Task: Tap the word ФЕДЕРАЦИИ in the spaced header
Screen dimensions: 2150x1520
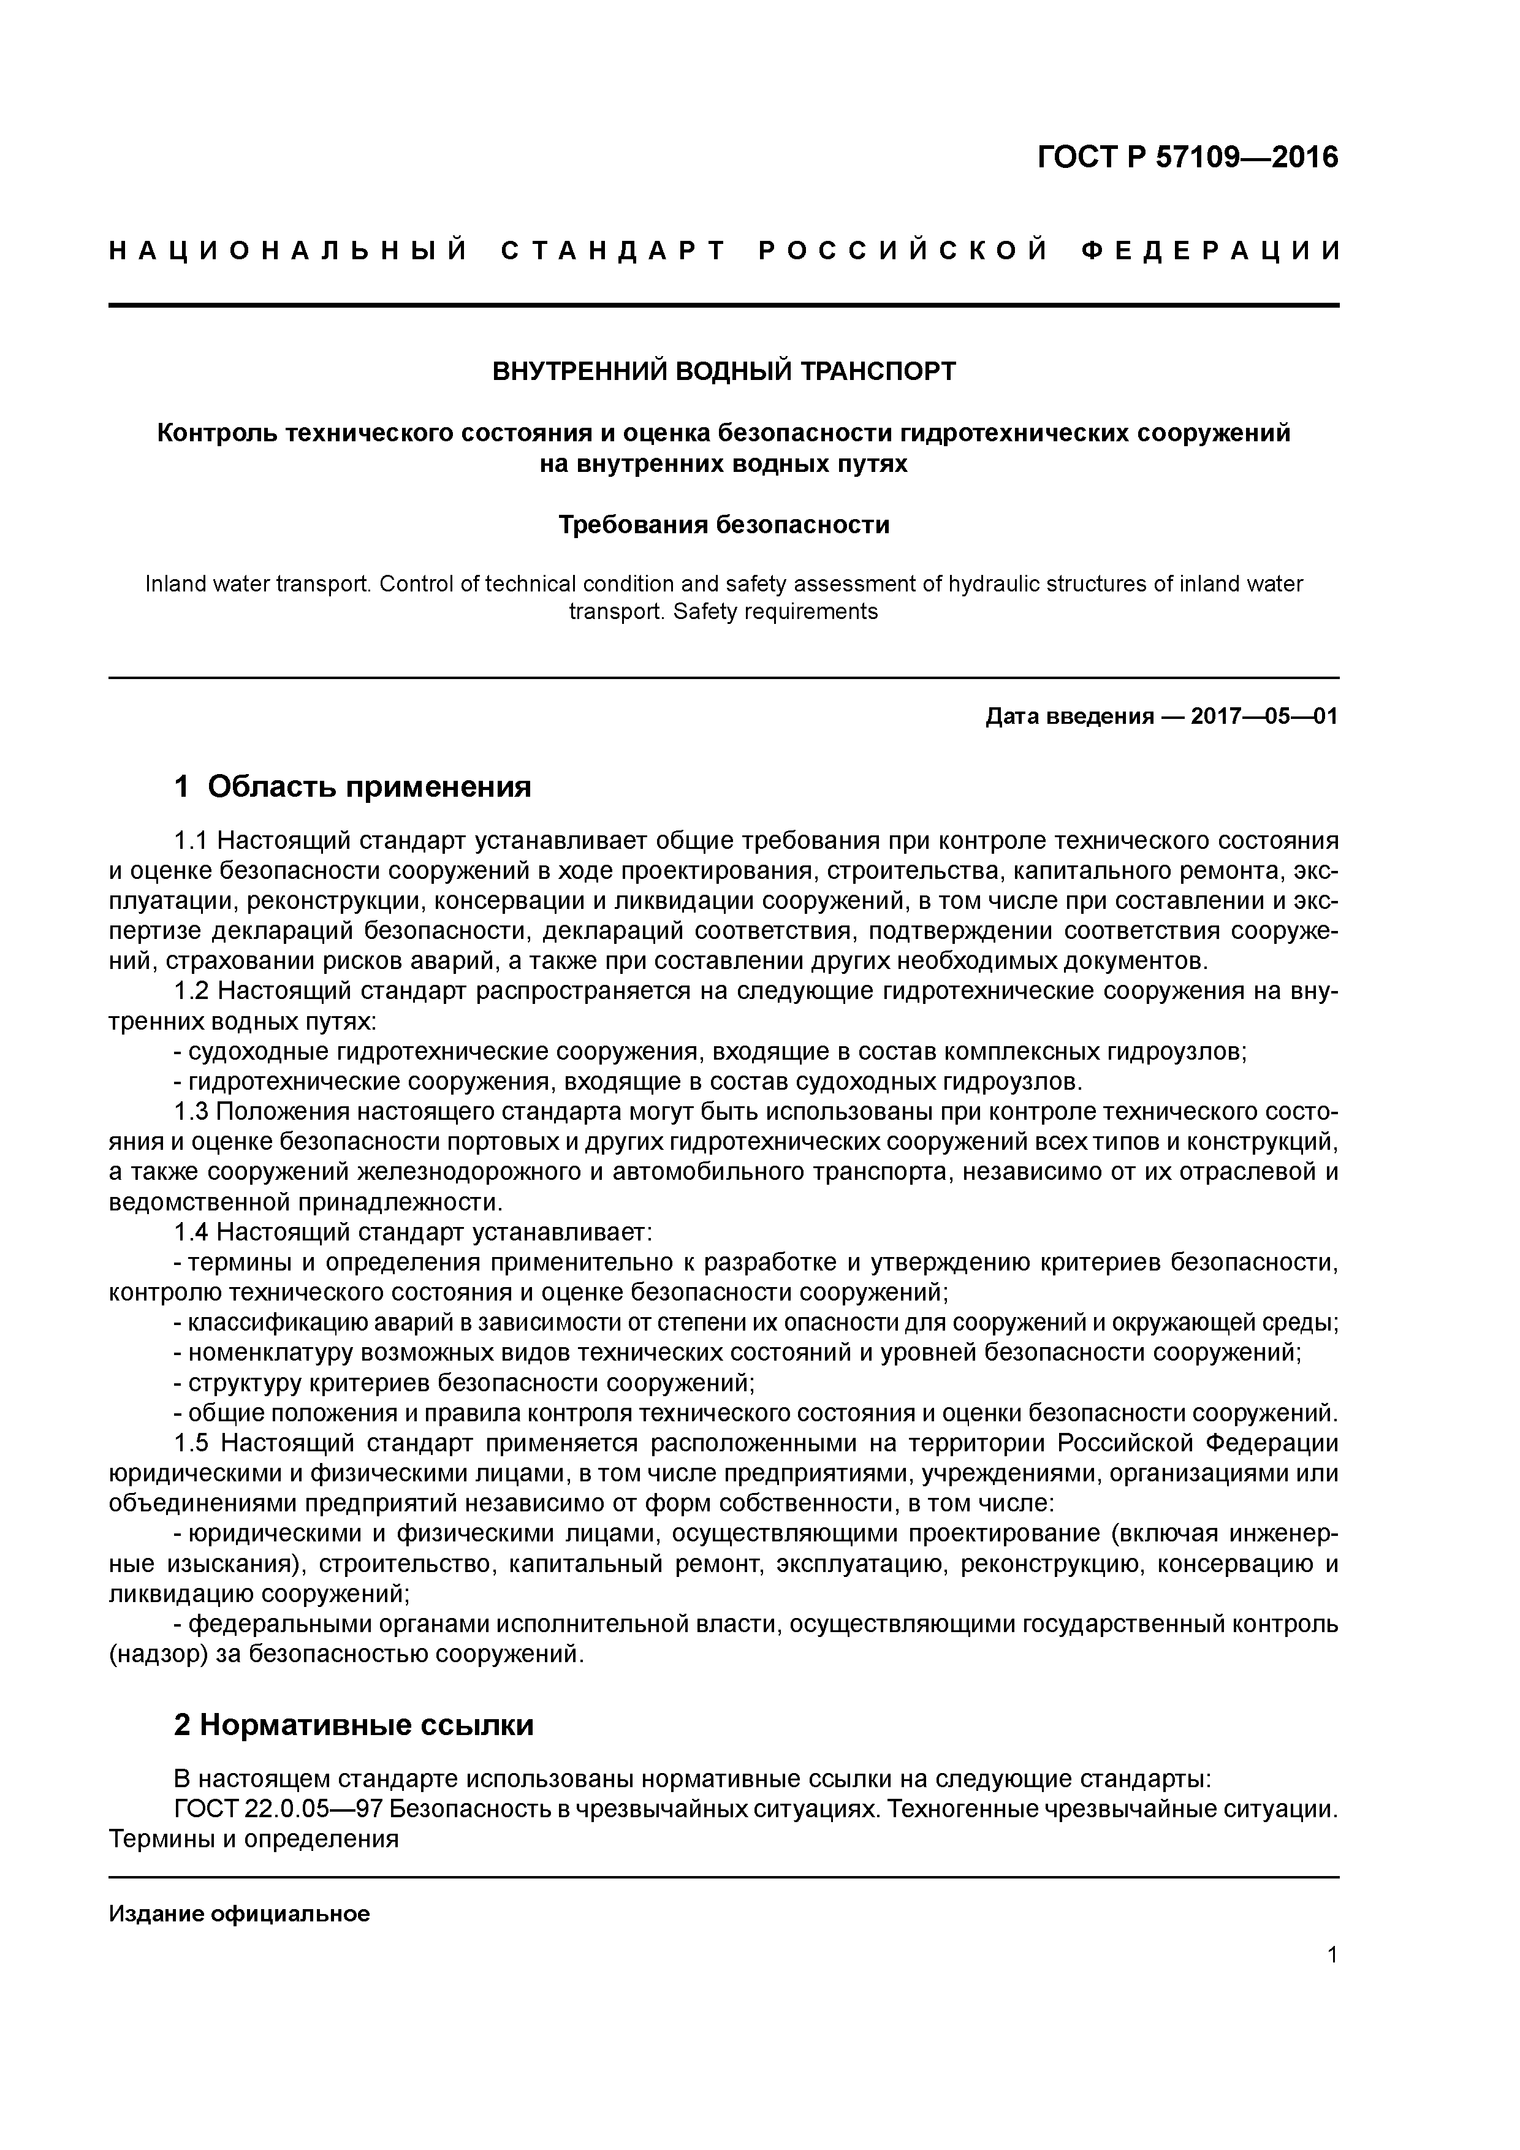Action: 1209,251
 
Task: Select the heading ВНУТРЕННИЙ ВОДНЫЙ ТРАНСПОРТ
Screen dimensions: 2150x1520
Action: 724,372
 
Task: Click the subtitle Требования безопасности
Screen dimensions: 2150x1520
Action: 724,525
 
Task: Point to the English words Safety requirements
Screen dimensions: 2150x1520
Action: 775,612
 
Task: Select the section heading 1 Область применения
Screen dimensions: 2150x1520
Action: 353,786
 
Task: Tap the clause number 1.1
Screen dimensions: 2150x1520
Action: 191,840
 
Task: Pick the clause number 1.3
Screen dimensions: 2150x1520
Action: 191,1112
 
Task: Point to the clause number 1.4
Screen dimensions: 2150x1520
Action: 191,1233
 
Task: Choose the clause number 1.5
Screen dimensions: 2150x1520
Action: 191,1443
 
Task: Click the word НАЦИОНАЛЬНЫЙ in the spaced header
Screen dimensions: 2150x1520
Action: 289,251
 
